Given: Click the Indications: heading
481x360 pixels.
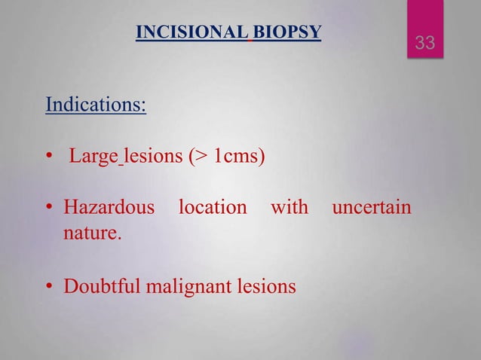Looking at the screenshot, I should (x=96, y=104).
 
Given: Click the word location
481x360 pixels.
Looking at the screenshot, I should (x=212, y=206).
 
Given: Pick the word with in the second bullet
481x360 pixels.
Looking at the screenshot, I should (x=290, y=206).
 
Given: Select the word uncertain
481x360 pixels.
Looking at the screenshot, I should (x=372, y=206).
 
